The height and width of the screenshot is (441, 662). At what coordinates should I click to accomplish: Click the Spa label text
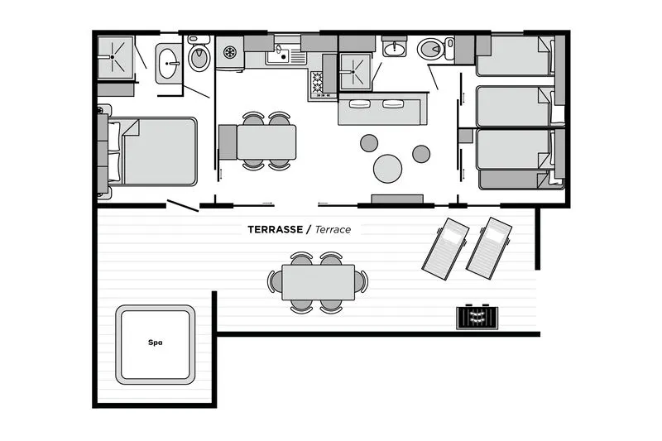point(156,343)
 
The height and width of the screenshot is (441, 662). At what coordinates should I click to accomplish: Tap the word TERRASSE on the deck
point(276,229)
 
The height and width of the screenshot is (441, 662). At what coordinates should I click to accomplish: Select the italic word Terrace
point(333,229)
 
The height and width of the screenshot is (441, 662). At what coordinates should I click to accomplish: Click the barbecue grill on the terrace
point(477,317)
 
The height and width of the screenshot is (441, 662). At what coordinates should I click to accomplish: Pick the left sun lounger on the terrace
point(445,248)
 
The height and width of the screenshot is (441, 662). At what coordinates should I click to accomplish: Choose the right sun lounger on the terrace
point(489,248)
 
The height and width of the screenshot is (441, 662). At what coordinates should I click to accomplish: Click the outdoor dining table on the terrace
point(319,282)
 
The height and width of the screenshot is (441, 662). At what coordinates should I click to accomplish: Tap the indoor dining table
point(266,142)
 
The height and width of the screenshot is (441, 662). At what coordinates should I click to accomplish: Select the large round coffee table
point(387,169)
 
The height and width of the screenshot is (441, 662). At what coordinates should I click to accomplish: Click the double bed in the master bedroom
point(153,151)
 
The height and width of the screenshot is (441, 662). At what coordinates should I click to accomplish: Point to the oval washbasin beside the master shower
point(168,64)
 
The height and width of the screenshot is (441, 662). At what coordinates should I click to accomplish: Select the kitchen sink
point(279,55)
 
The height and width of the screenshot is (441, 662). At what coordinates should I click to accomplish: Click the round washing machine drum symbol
point(230,52)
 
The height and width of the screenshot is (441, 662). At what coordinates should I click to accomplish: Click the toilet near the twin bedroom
point(431,49)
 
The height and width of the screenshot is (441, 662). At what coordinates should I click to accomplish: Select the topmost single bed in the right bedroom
point(516,55)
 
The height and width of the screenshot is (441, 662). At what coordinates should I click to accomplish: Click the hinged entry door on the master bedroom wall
point(183,205)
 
